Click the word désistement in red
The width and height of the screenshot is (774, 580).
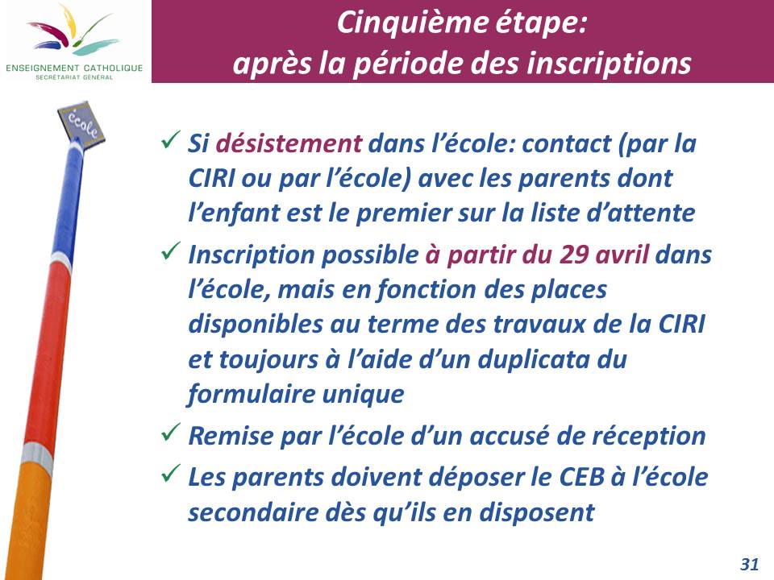point(289,143)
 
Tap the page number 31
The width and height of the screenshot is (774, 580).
point(749,564)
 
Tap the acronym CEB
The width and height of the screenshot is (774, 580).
point(581,477)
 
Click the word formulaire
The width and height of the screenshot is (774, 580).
point(252,394)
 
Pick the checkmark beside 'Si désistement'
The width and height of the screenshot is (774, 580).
point(170,141)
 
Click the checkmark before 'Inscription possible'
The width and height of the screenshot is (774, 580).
point(170,252)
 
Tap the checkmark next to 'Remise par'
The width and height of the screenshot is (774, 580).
point(170,433)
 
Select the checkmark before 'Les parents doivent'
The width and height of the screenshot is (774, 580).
point(170,474)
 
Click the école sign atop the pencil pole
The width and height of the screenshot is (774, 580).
point(81,122)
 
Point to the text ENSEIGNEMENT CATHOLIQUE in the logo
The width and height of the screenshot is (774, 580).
point(74,68)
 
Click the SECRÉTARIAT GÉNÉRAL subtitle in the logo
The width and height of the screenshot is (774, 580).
point(74,77)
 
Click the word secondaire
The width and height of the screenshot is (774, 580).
point(252,512)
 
